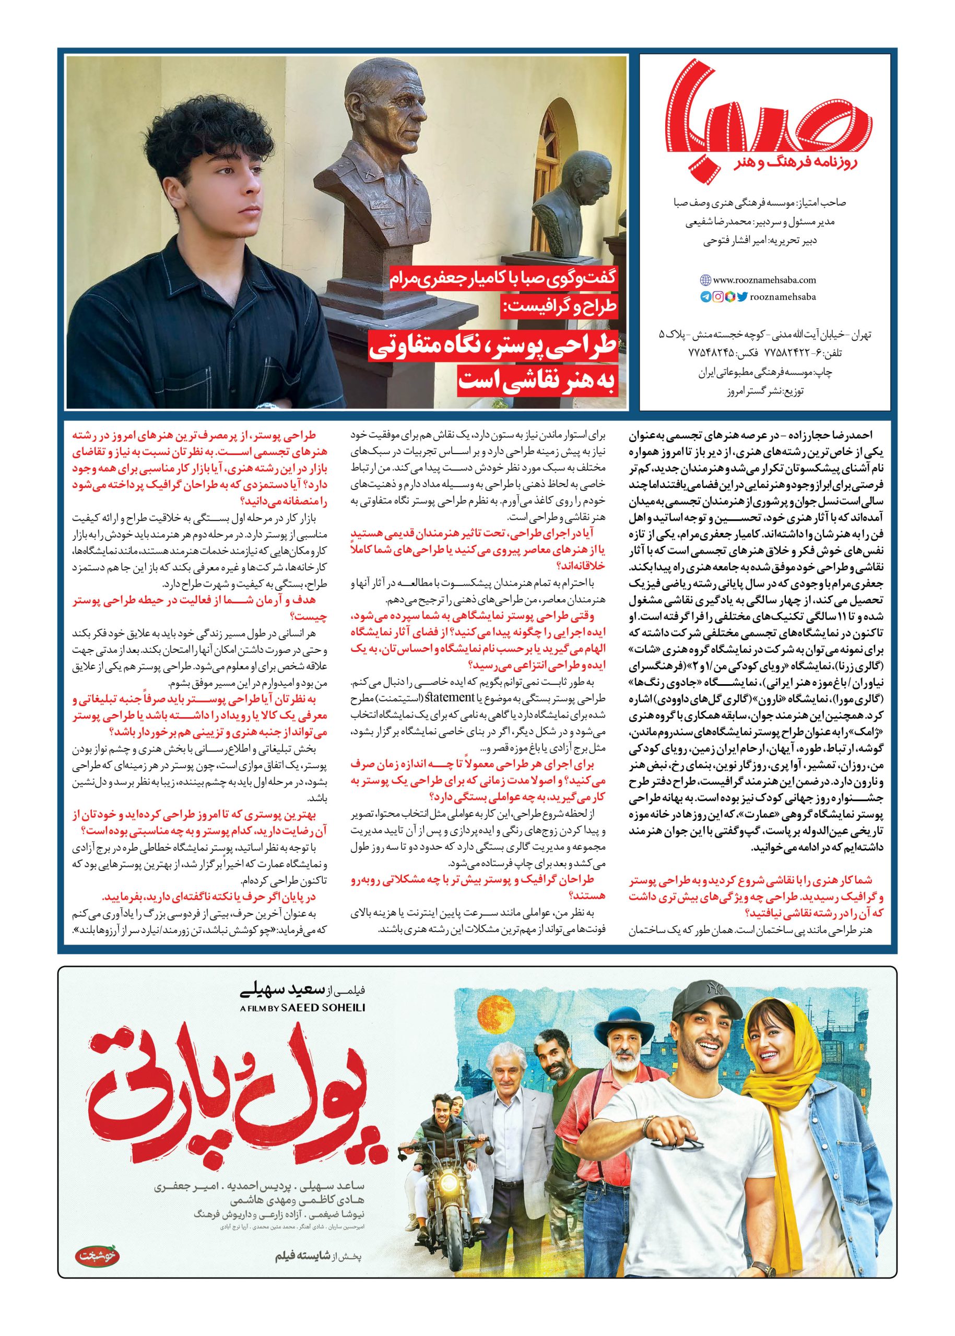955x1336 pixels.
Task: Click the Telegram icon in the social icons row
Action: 705,297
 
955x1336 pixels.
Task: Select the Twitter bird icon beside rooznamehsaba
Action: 741,297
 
